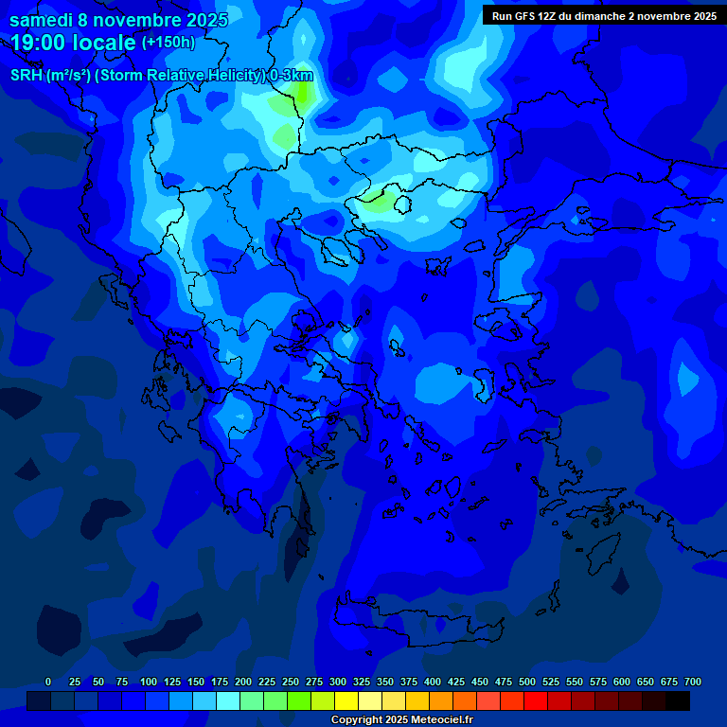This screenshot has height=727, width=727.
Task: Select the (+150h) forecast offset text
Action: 168,43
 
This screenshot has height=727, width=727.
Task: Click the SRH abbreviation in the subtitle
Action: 27,76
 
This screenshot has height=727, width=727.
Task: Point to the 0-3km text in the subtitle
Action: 292,76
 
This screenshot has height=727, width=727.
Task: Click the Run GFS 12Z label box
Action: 604,15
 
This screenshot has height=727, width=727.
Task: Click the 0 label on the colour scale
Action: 48,682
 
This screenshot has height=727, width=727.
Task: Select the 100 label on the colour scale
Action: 149,682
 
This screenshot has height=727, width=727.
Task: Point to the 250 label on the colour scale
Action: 291,682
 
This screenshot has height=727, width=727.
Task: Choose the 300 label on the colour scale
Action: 338,682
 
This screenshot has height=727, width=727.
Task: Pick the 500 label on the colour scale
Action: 527,682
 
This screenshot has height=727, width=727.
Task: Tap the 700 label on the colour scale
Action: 693,682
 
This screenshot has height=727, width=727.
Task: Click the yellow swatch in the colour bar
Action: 346,701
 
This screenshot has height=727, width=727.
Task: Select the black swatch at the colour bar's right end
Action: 678,701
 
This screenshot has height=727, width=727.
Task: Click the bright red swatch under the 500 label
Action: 536,701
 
